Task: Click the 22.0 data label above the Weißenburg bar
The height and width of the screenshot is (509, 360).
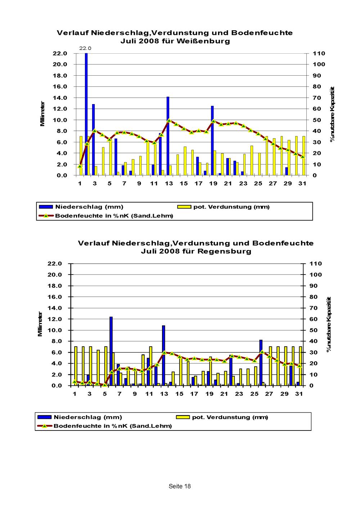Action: (85, 48)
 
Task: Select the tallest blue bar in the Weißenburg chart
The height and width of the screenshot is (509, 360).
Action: (86, 114)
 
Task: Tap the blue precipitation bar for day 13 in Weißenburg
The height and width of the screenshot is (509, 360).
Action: (168, 136)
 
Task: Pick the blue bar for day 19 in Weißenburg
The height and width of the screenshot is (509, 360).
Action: (212, 140)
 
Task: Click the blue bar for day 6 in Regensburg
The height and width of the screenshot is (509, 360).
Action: (111, 351)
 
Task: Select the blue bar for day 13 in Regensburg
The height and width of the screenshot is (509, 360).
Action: (163, 356)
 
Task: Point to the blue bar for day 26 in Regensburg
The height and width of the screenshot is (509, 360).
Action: (261, 363)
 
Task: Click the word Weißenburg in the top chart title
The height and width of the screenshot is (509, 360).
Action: (203, 41)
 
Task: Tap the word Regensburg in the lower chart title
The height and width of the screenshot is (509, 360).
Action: (224, 251)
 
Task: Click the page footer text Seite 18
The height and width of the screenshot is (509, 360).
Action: (180, 486)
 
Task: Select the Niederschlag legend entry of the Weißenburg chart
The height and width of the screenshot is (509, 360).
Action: (81, 207)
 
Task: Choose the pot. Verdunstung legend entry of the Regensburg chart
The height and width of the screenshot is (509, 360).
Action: (222, 417)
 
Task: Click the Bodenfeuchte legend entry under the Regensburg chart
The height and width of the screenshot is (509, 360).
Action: (104, 426)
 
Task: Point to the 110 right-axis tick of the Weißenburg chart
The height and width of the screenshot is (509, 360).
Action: (319, 53)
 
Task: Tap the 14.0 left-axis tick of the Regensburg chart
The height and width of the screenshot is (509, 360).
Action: (55, 308)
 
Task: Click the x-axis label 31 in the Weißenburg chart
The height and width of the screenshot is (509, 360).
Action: (302, 184)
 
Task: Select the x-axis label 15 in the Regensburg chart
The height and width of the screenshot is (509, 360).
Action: (179, 394)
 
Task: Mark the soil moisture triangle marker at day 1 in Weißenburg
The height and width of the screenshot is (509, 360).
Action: (80, 166)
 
